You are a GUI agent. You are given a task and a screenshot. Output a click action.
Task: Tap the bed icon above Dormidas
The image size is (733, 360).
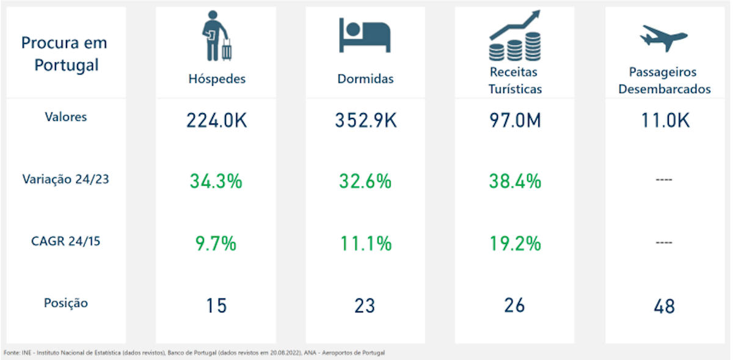pos(365,35)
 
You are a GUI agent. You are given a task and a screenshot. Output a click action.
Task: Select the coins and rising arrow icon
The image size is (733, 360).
pos(515,35)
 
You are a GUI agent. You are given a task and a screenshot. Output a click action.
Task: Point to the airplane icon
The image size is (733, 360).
pos(664,38)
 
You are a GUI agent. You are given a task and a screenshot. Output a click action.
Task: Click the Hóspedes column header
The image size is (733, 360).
pos(216,79)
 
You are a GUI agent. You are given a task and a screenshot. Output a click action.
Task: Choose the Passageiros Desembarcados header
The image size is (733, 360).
pos(665,81)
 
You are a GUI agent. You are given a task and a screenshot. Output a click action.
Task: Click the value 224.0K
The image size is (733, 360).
pos(216,120)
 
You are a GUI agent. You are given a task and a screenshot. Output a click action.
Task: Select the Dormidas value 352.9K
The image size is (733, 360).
pos(365,120)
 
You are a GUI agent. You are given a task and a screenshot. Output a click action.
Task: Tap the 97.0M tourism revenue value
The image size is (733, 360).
pos(515,120)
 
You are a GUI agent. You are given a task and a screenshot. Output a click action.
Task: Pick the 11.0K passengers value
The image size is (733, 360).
pos(665,120)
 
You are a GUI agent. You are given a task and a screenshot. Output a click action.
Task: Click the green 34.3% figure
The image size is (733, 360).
pos(216,182)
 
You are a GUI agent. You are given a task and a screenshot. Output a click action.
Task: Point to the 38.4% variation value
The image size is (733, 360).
pos(515,182)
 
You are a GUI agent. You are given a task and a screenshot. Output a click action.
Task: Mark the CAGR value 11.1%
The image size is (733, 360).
pos(365,244)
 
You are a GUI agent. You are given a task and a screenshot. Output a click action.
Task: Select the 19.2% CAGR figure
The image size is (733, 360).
pos(515,244)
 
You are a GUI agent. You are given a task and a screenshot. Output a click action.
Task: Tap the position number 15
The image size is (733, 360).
pos(216,305)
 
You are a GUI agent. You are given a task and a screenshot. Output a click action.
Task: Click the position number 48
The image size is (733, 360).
pos(664,306)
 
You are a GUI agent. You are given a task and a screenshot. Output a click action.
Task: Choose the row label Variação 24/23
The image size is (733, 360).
pos(66,180)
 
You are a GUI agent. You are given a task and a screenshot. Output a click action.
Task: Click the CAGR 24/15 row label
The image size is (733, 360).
pos(66,241)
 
